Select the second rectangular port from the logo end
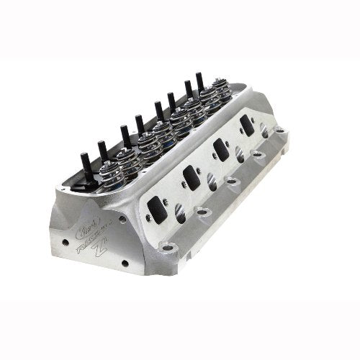click(191, 176)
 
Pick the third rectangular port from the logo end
click(222, 149)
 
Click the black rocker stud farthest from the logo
click(199, 83)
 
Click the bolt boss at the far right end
click(279, 132)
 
